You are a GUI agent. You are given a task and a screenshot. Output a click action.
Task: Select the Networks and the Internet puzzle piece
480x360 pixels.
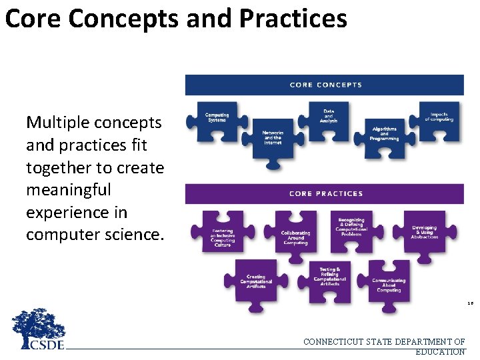273,138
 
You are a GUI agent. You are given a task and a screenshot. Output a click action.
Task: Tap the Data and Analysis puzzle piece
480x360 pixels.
329,117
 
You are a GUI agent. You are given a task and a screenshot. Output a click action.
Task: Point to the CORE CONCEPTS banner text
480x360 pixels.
325,85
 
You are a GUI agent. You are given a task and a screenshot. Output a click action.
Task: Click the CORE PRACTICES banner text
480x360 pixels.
325,193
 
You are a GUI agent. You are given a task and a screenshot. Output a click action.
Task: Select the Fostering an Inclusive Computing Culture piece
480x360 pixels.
222,235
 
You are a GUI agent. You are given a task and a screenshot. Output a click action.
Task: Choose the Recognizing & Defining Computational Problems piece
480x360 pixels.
351,226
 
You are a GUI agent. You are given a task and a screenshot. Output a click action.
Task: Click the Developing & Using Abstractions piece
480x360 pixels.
424,233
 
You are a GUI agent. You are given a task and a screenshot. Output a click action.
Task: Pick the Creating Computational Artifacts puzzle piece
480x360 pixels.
255,281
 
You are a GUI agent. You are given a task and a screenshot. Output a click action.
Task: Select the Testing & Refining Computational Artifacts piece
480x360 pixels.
329,276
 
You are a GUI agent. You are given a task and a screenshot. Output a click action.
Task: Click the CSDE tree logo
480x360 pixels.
39,330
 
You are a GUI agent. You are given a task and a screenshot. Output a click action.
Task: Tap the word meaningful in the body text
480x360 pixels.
69,190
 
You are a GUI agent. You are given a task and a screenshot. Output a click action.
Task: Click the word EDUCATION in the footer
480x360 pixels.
440,351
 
